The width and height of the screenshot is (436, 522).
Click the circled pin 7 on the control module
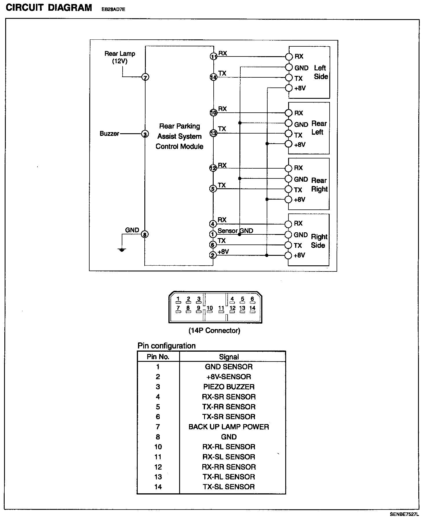(x=145, y=77)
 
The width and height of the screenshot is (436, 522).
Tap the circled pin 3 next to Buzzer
(x=145, y=134)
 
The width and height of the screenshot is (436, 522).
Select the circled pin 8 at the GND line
(x=145, y=234)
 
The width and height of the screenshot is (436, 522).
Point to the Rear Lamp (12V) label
(x=120, y=57)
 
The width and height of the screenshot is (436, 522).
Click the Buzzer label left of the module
(x=109, y=134)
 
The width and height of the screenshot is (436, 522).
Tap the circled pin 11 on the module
(x=214, y=57)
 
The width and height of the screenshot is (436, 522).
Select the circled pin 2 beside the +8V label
(x=213, y=255)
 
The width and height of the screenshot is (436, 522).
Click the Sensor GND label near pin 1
(x=235, y=231)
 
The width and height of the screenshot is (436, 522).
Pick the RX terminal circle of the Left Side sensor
(x=289, y=56)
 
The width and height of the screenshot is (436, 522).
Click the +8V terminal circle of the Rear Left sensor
(x=288, y=144)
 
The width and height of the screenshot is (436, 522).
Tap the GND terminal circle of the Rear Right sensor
(x=288, y=179)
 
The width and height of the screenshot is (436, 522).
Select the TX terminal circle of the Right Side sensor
(x=288, y=245)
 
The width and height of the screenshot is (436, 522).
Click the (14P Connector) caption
(x=215, y=331)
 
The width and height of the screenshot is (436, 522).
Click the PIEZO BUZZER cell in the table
(x=229, y=387)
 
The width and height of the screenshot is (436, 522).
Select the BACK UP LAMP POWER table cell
(x=229, y=427)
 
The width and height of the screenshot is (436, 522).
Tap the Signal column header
(x=229, y=357)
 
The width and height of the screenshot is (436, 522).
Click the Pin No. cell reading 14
(x=158, y=487)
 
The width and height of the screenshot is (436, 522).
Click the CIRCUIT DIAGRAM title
(x=49, y=8)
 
